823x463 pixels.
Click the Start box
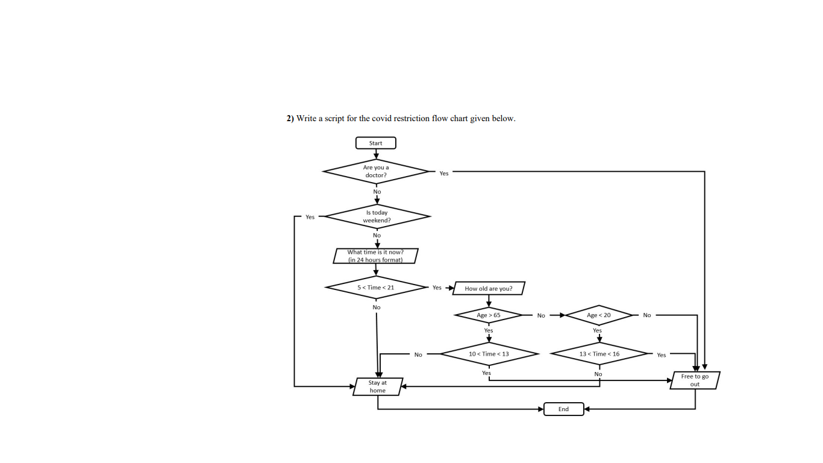375,143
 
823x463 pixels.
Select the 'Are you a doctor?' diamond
376,171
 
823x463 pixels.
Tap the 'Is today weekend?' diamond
377,216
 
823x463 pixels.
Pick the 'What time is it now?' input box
375,256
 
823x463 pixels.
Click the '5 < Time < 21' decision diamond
376,288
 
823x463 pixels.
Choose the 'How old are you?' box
489,289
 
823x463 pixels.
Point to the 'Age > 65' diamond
489,315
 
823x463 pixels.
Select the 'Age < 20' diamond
598,315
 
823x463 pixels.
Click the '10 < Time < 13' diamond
489,354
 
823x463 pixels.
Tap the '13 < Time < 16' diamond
599,354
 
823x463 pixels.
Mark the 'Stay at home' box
378,386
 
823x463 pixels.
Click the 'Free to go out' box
695,380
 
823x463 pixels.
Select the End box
563,409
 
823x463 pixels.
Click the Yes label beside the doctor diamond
444,174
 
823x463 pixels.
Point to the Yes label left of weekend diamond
310,217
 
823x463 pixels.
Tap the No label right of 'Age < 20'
647,315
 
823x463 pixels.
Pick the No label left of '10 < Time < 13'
418,354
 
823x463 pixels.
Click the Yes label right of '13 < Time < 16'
662,355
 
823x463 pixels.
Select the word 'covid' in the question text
382,118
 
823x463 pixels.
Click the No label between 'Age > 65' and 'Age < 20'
541,316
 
